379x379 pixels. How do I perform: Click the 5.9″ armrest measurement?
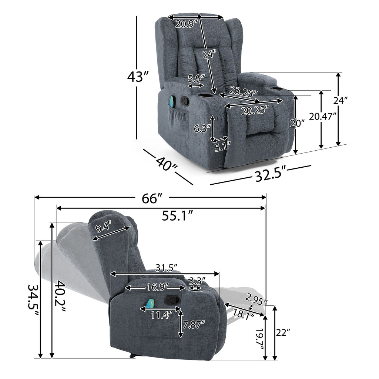pyautogui.click(x=195, y=78)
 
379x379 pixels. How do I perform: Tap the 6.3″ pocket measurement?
pyautogui.click(x=202, y=128)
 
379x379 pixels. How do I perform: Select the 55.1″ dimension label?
pyautogui.click(x=178, y=215)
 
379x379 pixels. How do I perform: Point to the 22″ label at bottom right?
pyautogui.click(x=282, y=333)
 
